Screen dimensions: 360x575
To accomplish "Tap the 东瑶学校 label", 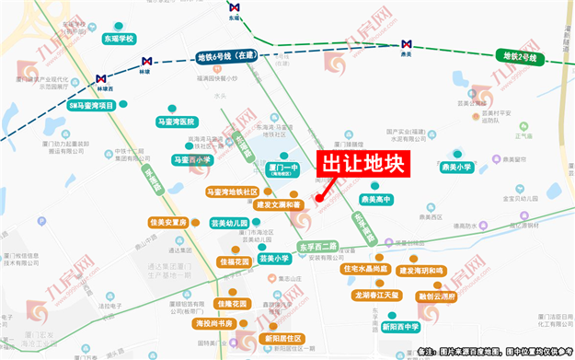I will coord(118,39).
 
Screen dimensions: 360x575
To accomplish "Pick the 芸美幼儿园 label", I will coord(229,223).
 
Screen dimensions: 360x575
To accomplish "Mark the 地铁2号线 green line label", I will coord(522,56).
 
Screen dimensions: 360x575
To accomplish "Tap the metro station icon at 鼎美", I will coord(406,44).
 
